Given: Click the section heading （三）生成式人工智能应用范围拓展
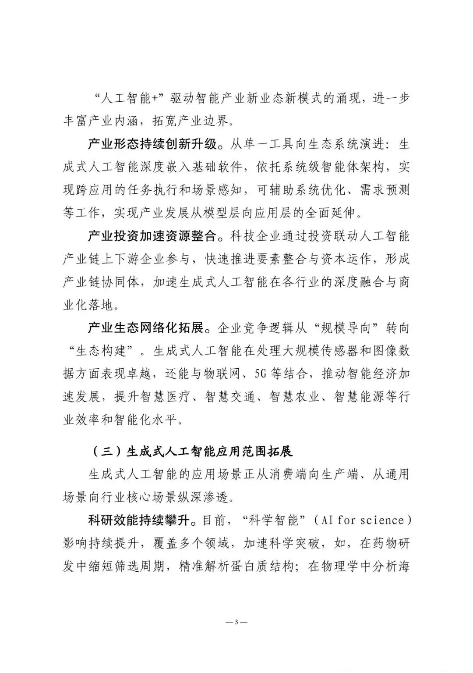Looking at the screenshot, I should [193, 451].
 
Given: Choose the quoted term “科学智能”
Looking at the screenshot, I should [275, 520].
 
